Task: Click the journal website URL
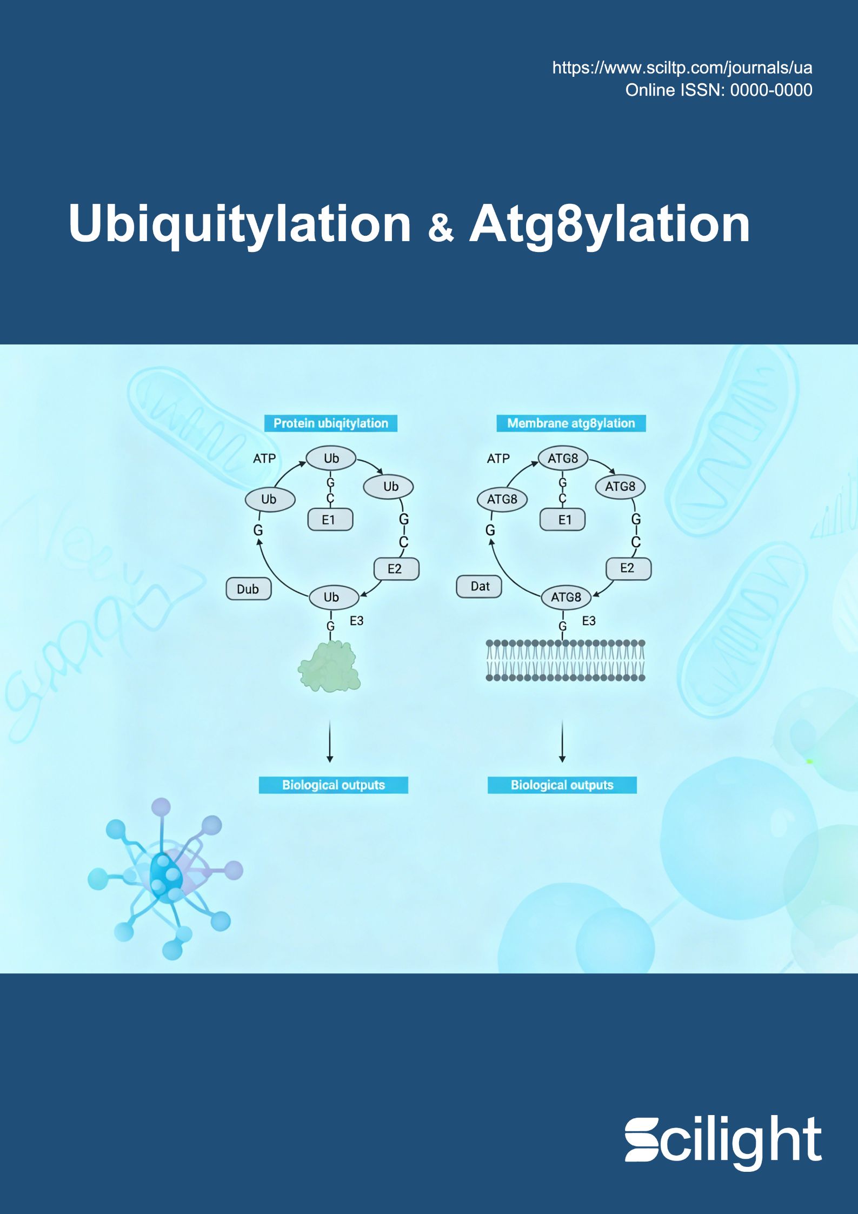point(682,68)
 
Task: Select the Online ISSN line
point(719,90)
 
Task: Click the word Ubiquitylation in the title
point(240,224)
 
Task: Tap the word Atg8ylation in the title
point(610,224)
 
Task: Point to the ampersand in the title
point(441,228)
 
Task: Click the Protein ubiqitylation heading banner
point(331,423)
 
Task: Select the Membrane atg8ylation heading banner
point(571,423)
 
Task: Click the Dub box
point(248,589)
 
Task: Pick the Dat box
point(480,586)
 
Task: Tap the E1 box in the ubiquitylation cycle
point(330,520)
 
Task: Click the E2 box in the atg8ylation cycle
point(628,568)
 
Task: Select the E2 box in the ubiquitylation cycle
point(396,569)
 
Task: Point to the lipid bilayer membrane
point(566,660)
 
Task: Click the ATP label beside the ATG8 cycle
point(498,459)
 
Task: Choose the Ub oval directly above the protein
point(334,598)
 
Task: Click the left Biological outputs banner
point(334,785)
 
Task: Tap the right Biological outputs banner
point(562,785)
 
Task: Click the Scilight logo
point(723,1141)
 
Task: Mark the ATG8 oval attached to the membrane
point(566,598)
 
